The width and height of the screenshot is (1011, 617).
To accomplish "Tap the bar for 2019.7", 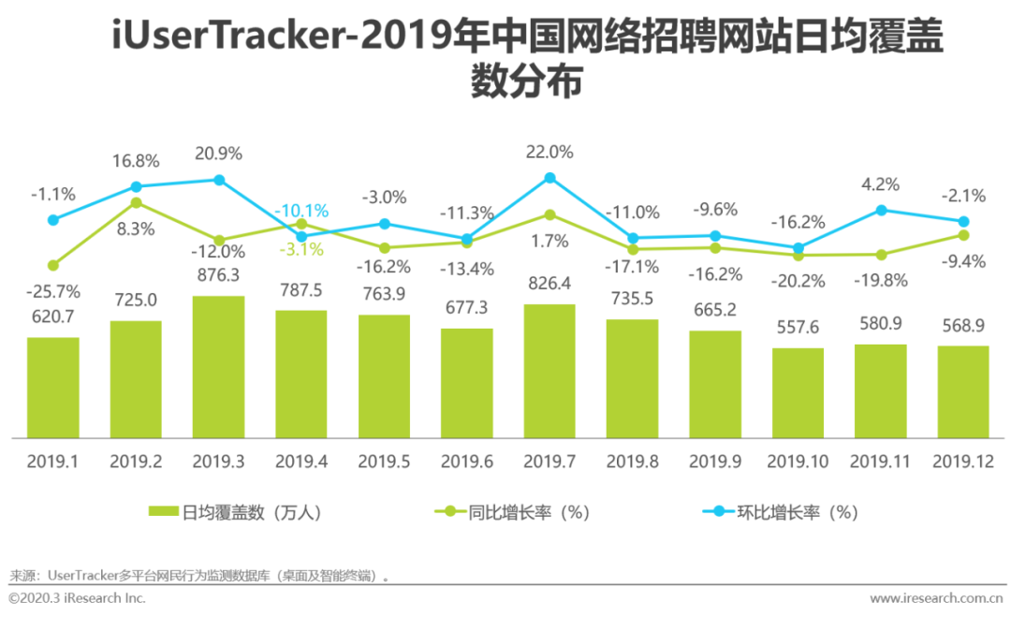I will coord(549,371).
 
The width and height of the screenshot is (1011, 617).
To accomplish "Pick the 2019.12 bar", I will coord(963,391).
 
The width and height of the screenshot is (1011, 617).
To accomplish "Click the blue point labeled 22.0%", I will coord(549,178).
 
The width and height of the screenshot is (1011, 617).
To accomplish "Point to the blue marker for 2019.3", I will coord(218,180).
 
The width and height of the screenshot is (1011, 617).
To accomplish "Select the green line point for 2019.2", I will coord(136,202).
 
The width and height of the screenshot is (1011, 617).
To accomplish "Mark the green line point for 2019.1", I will coord(53,265).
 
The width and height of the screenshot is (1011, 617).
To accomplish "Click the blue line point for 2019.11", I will coord(881,211).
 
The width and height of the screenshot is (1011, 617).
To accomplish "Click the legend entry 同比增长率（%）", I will coord(512,511).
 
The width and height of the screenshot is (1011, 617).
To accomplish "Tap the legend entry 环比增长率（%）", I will coord(782,511).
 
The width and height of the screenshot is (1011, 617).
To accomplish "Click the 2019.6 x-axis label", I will coord(466,462).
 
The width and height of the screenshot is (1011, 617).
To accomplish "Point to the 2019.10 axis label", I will coord(798,462).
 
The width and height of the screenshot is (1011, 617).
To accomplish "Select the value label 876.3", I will coord(218,277).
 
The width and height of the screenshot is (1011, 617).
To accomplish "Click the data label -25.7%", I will coord(54,291).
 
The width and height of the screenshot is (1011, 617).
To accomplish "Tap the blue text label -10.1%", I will coord(301,211).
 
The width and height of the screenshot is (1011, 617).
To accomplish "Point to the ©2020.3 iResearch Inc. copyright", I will coord(77,597).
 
